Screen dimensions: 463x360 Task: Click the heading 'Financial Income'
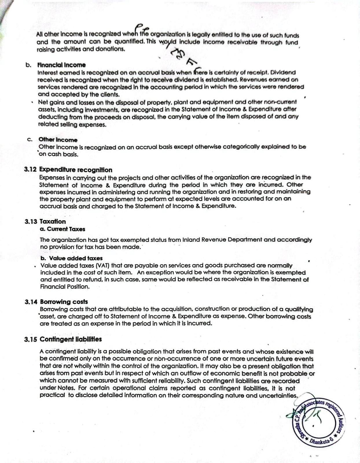pyautogui.click(x=61, y=65)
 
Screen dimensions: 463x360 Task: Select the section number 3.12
pyautogui.click(x=31, y=170)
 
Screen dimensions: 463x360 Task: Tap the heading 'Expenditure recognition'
pyautogui.click(x=76, y=170)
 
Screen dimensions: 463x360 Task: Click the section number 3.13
pyautogui.click(x=31, y=222)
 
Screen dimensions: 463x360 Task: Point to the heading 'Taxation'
pyautogui.click(x=52, y=222)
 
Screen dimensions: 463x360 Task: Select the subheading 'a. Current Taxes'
pyautogui.click(x=63, y=229)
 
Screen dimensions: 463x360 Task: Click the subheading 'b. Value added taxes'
pyautogui.click(x=71, y=258)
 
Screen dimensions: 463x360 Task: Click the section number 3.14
pyautogui.click(x=31, y=302)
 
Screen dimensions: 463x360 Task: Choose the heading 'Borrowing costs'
pyautogui.click(x=64, y=302)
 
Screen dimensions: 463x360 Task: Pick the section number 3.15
pyautogui.click(x=31, y=339)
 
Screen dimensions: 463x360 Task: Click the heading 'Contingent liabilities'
pyautogui.click(x=71, y=339)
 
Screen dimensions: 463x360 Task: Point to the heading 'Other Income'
pyautogui.click(x=58, y=140)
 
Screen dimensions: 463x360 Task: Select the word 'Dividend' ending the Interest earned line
pyautogui.click(x=283, y=72)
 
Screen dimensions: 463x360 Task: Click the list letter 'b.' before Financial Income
pyautogui.click(x=28, y=65)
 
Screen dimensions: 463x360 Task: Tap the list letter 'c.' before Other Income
pyautogui.click(x=30, y=140)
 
